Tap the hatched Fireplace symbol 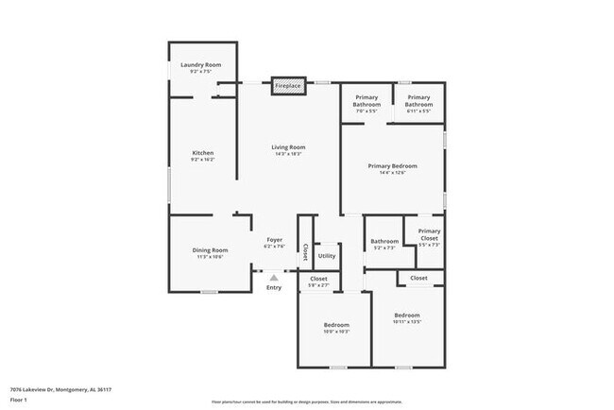288,86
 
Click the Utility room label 327,255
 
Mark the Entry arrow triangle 274,278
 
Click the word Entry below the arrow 274,287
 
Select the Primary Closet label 430,234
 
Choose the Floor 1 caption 18,401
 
